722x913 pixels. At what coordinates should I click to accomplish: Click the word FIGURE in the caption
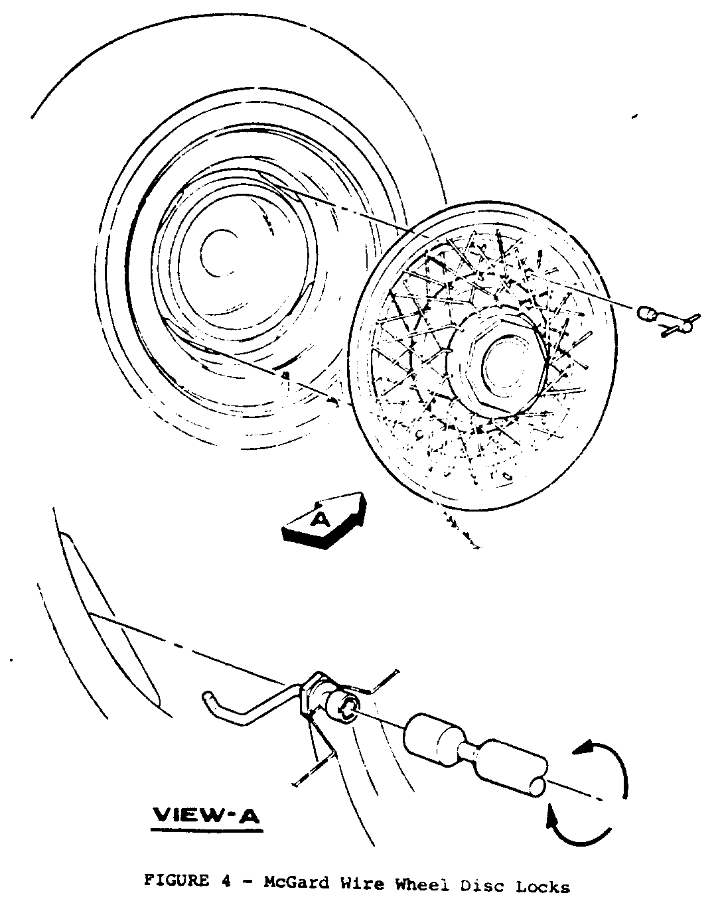pyautogui.click(x=177, y=882)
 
